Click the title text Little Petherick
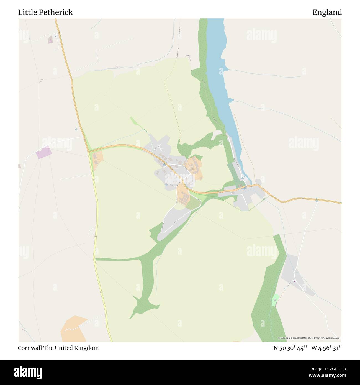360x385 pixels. click(x=45, y=12)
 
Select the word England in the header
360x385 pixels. click(x=327, y=12)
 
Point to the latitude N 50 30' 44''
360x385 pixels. click(x=290, y=348)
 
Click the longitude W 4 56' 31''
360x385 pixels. click(x=326, y=348)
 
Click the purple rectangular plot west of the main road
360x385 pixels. click(x=43, y=152)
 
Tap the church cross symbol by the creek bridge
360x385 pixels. click(x=240, y=186)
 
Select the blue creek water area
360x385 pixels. click(x=219, y=69)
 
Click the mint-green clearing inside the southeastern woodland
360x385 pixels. click(x=275, y=300)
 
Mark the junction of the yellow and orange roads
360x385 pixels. click(x=89, y=152)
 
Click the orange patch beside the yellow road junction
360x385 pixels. click(x=97, y=159)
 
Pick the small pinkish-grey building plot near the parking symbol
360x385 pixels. click(x=50, y=40)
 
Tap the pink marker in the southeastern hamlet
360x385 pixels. click(x=295, y=282)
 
